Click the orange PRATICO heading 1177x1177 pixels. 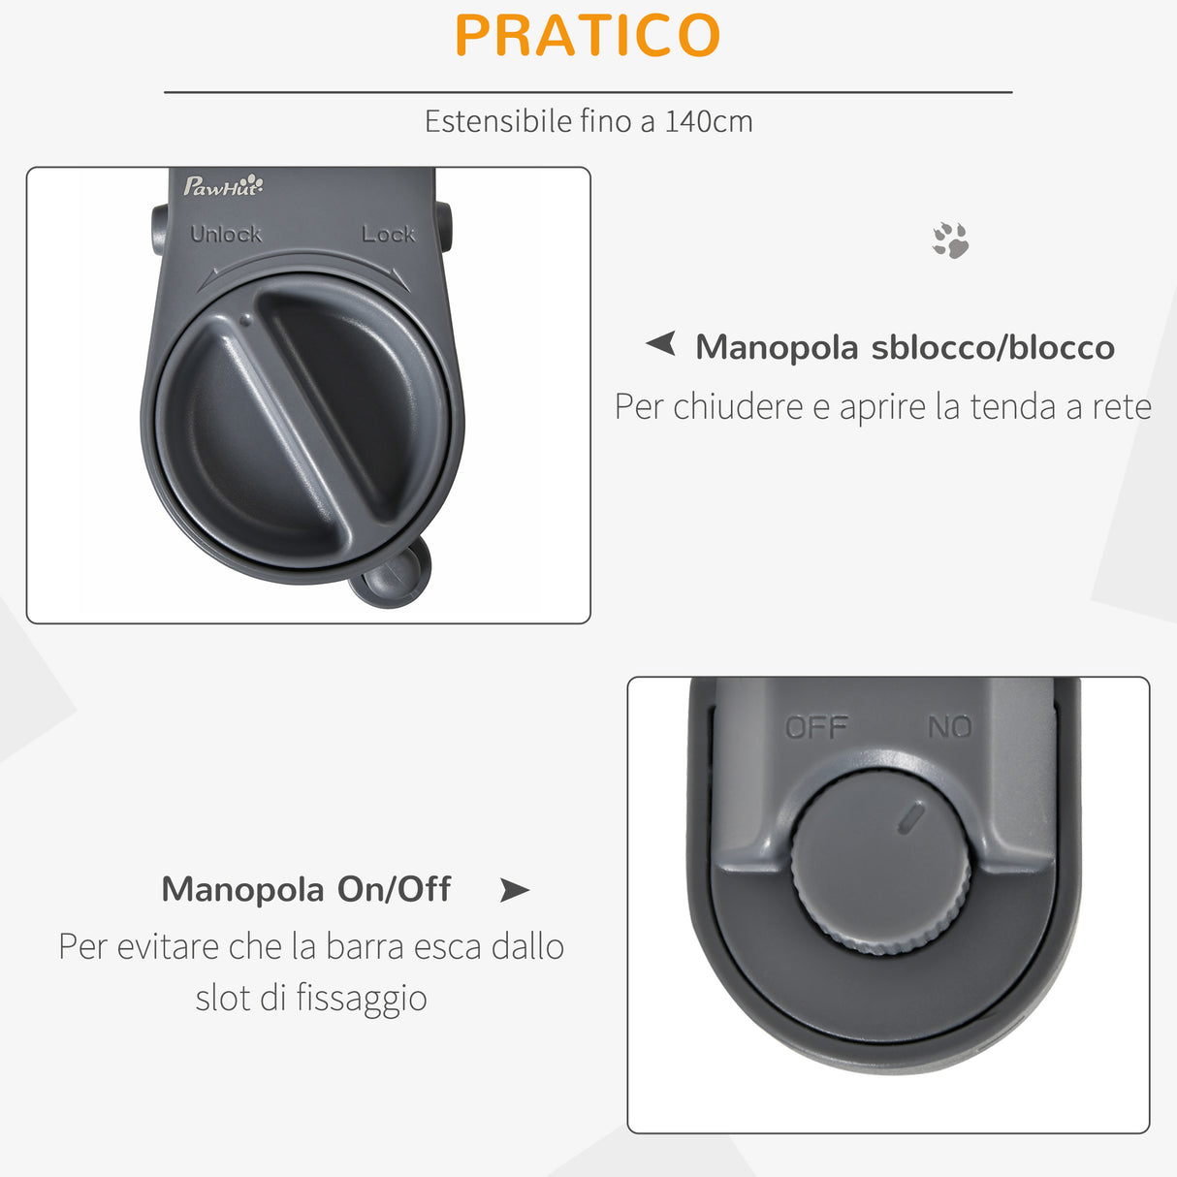pos(588,36)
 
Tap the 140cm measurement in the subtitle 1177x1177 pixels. pos(709,121)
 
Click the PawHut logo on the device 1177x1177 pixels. pos(223,185)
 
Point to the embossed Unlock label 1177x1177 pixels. pos(226,234)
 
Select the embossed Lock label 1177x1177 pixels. pos(388,234)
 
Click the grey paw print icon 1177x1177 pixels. pos(950,240)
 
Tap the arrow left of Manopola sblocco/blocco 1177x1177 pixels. pos(661,343)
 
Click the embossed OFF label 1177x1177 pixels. pos(816,727)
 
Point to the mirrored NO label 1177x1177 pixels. pos(949,727)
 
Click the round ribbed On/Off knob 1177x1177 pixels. pos(879,863)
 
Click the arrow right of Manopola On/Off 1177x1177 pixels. pos(514,889)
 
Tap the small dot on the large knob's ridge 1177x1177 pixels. pos(245,318)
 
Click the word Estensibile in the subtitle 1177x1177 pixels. pos(498,121)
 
